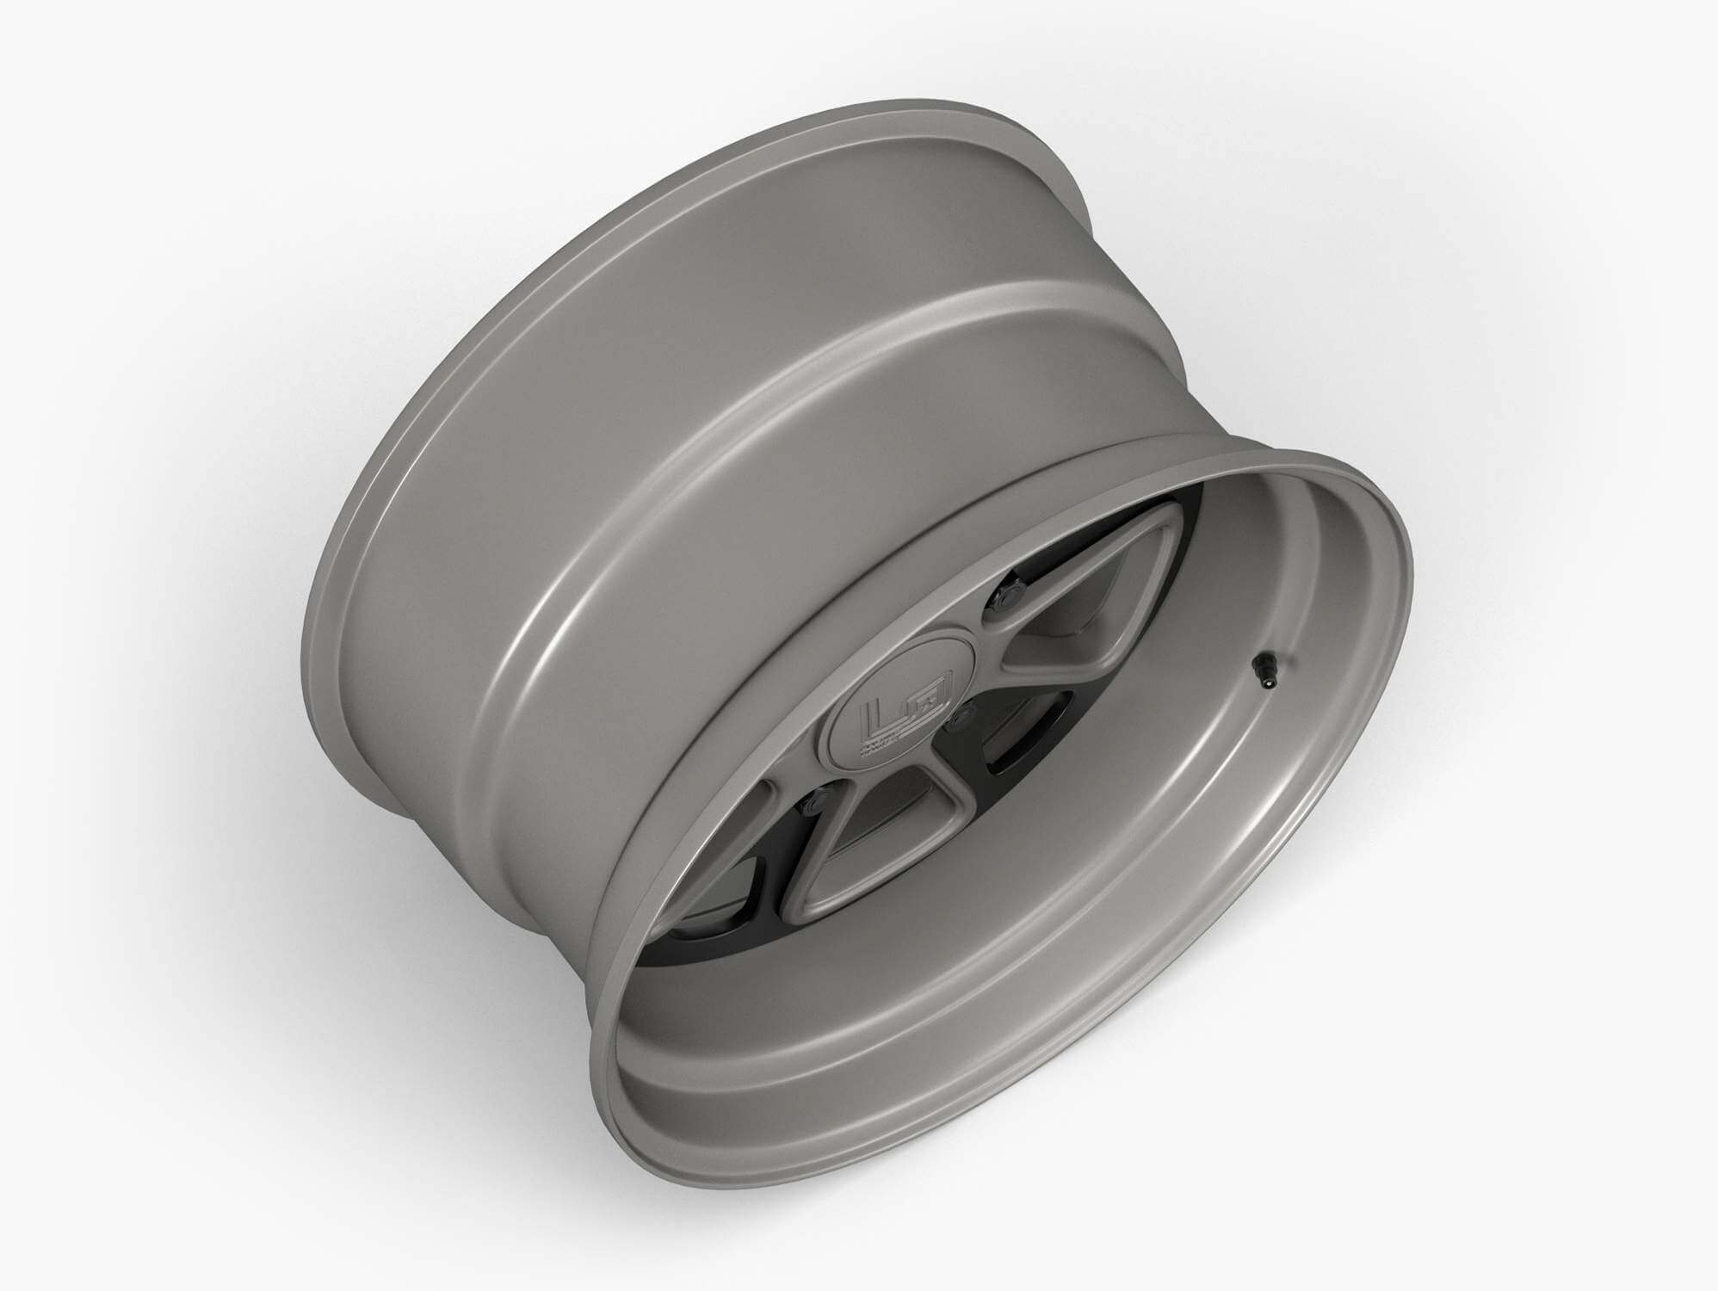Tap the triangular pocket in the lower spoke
872,826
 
